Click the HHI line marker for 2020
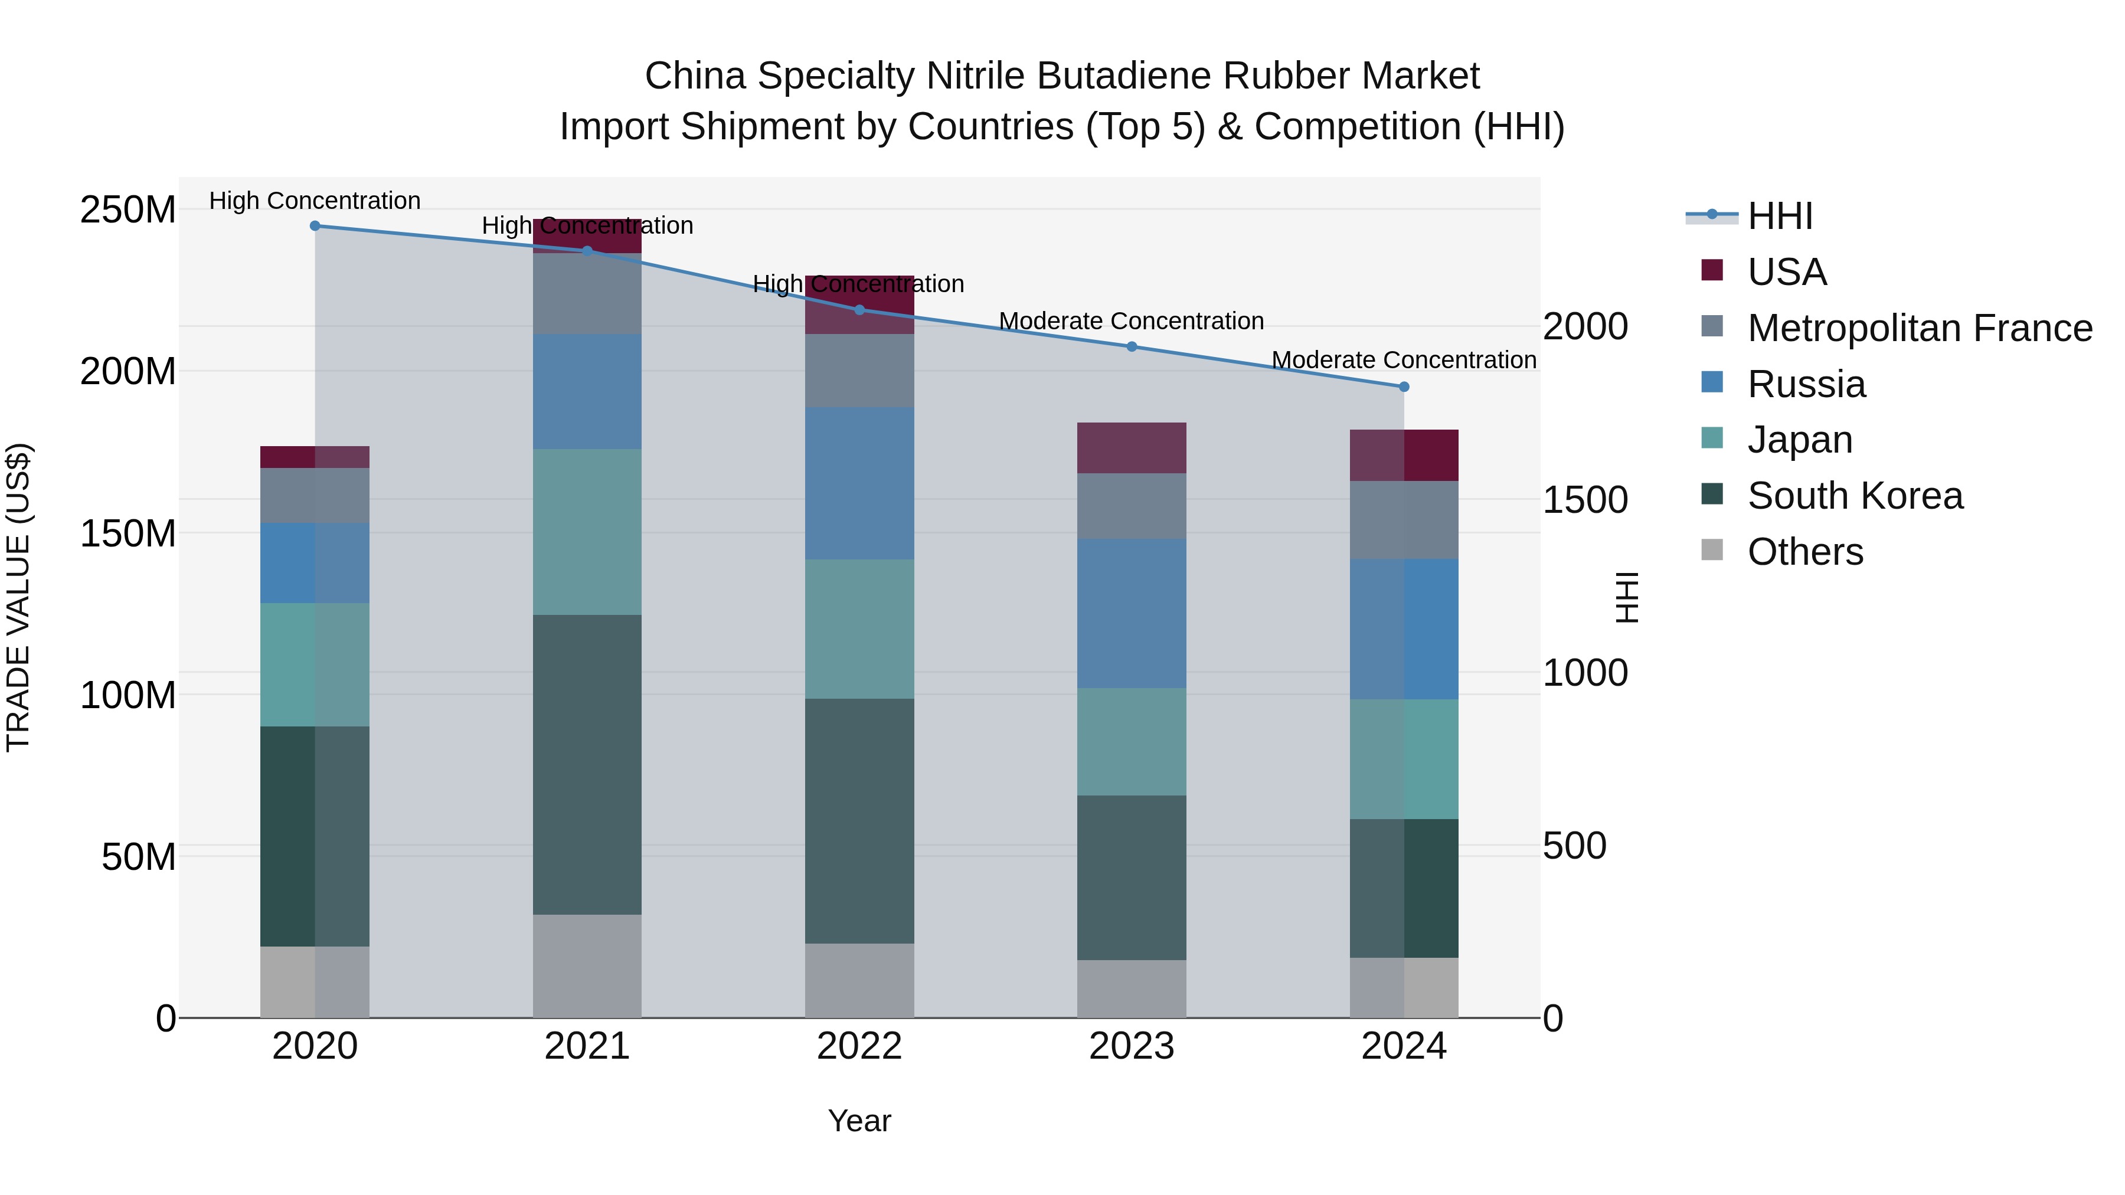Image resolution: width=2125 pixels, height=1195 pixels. click(315, 226)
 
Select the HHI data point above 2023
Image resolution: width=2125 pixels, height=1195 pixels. click(1132, 346)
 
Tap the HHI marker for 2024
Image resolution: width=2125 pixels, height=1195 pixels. click(1404, 387)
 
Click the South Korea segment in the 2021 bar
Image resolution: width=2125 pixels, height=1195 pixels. click(587, 764)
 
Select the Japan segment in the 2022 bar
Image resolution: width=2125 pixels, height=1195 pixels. click(859, 629)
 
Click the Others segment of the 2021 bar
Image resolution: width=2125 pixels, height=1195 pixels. click(587, 965)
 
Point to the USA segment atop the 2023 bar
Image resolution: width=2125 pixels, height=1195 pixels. click(1132, 448)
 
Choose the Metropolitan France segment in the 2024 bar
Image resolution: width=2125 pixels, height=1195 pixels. click(1404, 519)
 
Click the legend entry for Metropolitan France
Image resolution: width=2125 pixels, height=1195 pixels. click(1920, 328)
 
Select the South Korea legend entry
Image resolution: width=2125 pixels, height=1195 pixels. click(1855, 496)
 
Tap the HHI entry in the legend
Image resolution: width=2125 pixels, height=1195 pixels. click(1779, 216)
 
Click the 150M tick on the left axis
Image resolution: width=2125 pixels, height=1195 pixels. click(128, 533)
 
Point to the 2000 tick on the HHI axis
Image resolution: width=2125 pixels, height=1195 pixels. click(1585, 326)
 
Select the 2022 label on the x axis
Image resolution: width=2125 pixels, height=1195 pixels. click(859, 1046)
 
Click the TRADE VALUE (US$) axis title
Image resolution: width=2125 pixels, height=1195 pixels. click(18, 597)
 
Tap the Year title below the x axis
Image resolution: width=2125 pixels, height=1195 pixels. click(859, 1121)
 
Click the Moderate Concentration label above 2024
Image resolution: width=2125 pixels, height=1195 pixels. click(1404, 361)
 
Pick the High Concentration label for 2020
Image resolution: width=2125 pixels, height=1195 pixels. click(315, 201)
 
